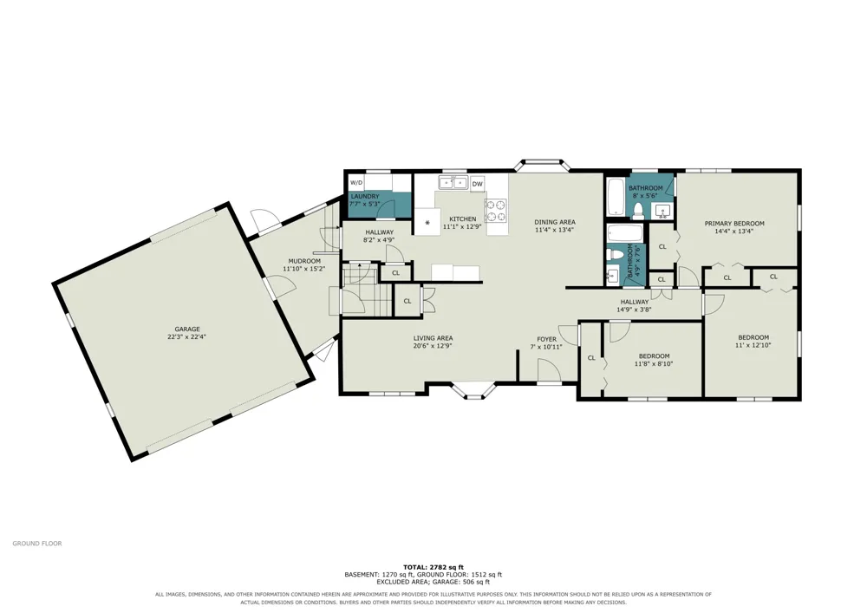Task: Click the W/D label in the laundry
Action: (356, 183)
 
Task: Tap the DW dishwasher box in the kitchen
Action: (478, 184)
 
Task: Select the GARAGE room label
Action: (187, 329)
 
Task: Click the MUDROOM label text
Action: (304, 261)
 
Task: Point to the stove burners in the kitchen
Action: (496, 210)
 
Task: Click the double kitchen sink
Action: (453, 182)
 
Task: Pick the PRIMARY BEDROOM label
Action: (734, 224)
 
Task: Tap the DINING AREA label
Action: (555, 222)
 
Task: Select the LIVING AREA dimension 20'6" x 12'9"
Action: (433, 346)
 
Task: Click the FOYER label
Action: (547, 339)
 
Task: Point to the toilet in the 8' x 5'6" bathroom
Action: (637, 209)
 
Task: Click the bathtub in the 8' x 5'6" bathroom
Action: (615, 198)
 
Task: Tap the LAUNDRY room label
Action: (365, 196)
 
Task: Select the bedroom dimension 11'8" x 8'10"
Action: (654, 363)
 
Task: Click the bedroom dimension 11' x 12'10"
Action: (753, 345)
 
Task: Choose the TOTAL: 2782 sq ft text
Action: (433, 566)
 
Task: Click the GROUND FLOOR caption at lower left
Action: (37, 544)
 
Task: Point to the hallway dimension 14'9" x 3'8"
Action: (635, 310)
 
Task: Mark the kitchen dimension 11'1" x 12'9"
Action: (462, 226)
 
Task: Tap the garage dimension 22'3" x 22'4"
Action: (187, 336)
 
